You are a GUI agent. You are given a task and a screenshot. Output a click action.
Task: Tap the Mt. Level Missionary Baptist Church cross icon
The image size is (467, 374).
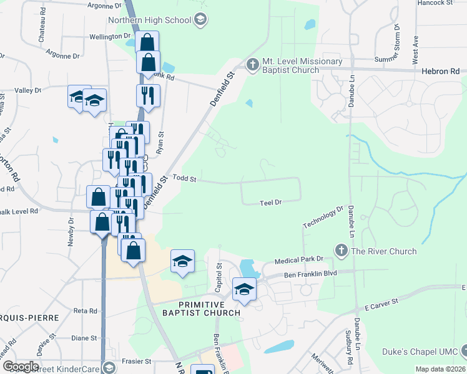pyautogui.click(x=252, y=64)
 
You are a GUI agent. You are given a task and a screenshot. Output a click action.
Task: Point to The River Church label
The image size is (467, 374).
pyautogui.click(x=383, y=251)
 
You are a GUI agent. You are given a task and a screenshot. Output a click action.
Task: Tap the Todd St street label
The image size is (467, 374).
pyautogui.click(x=184, y=179)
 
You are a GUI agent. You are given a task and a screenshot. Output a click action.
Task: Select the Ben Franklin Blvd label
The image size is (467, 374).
pyautogui.click(x=310, y=274)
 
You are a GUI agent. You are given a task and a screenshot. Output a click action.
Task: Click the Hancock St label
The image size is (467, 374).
pyautogui.click(x=435, y=3)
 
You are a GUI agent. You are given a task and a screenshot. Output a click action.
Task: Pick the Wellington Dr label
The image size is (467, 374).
pyautogui.click(x=109, y=37)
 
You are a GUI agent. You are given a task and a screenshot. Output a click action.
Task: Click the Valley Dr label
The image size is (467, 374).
pyautogui.click(x=27, y=90)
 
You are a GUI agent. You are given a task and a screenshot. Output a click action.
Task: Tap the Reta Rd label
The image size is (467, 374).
pyautogui.click(x=85, y=310)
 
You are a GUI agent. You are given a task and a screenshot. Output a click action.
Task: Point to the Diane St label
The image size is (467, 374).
pyautogui.click(x=84, y=338)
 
